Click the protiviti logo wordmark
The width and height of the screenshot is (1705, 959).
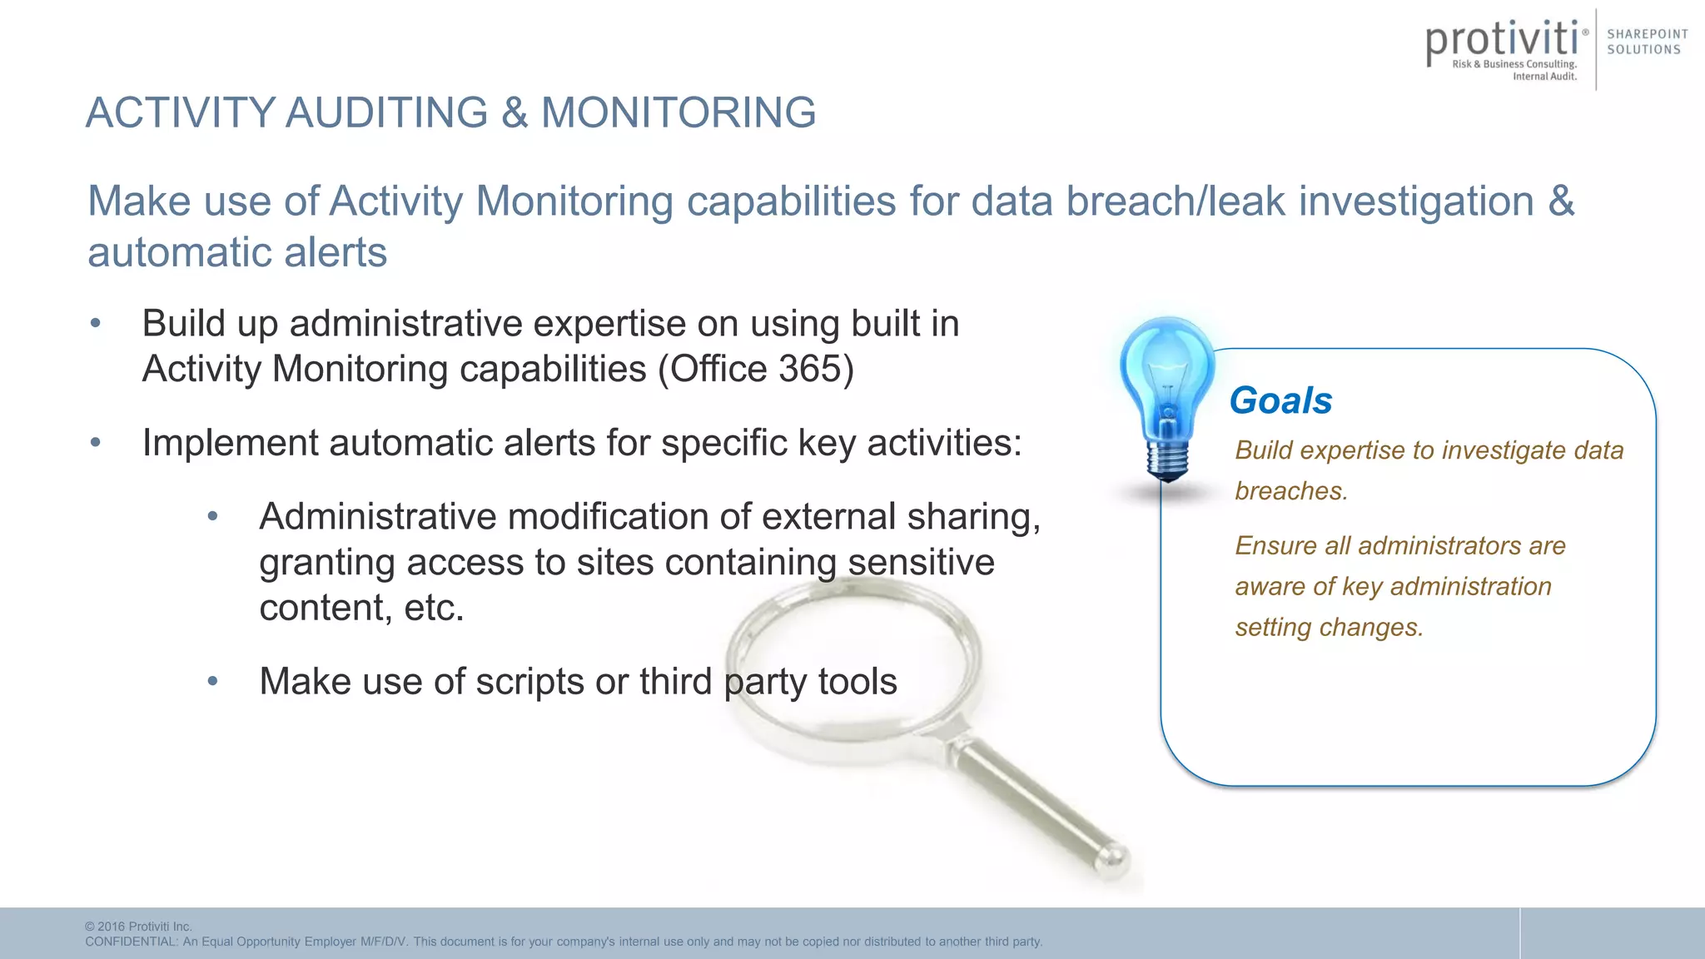[x=1502, y=41]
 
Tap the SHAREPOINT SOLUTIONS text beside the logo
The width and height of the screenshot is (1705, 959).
[x=1647, y=42]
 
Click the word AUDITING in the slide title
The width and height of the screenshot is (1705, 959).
[x=386, y=112]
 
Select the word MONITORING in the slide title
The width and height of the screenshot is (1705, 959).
[x=679, y=112]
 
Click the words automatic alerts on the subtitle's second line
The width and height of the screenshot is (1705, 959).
[x=237, y=252]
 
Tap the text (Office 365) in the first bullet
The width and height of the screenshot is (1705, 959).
[x=756, y=369]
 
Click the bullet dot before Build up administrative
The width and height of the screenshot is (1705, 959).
[x=96, y=324]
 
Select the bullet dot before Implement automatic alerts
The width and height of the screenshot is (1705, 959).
[x=96, y=443]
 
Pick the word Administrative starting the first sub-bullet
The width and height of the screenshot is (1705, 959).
[x=377, y=517]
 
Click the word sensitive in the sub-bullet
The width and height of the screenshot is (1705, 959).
[x=921, y=562]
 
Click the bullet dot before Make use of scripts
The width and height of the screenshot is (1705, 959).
[x=213, y=682]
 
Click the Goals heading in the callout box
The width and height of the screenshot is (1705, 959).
[x=1280, y=400]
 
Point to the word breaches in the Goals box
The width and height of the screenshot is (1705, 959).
[x=1289, y=491]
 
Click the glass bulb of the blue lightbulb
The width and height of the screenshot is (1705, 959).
[x=1166, y=375]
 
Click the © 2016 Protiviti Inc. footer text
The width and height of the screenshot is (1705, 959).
[x=138, y=927]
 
